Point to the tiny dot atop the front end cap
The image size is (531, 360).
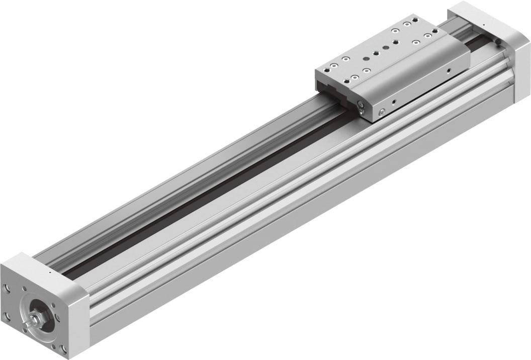tap(50, 271)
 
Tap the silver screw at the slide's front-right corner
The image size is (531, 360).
tap(382, 112)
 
